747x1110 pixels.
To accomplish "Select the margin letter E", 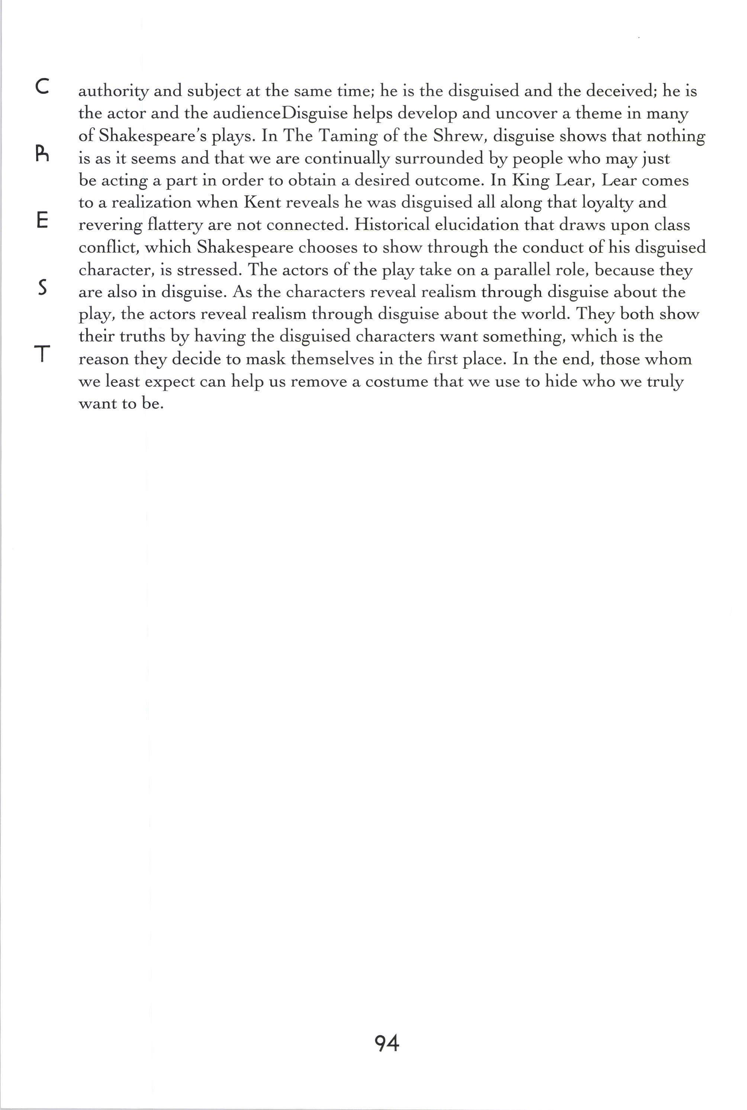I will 42,221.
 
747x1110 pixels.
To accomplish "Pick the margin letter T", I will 42,354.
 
